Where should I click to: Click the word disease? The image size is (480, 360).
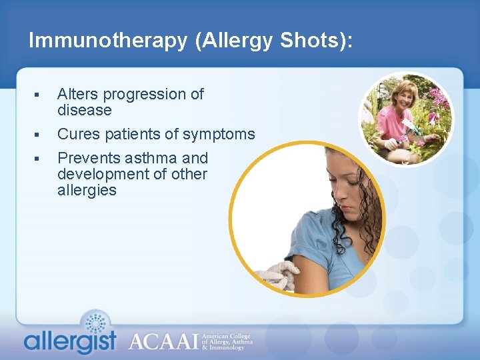pos(84,110)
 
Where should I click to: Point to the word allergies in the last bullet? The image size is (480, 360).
pos(87,191)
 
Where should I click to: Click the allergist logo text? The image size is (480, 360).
pos(70,341)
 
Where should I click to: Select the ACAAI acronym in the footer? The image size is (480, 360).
pos(163,341)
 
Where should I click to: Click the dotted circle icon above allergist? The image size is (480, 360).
pos(97,323)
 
